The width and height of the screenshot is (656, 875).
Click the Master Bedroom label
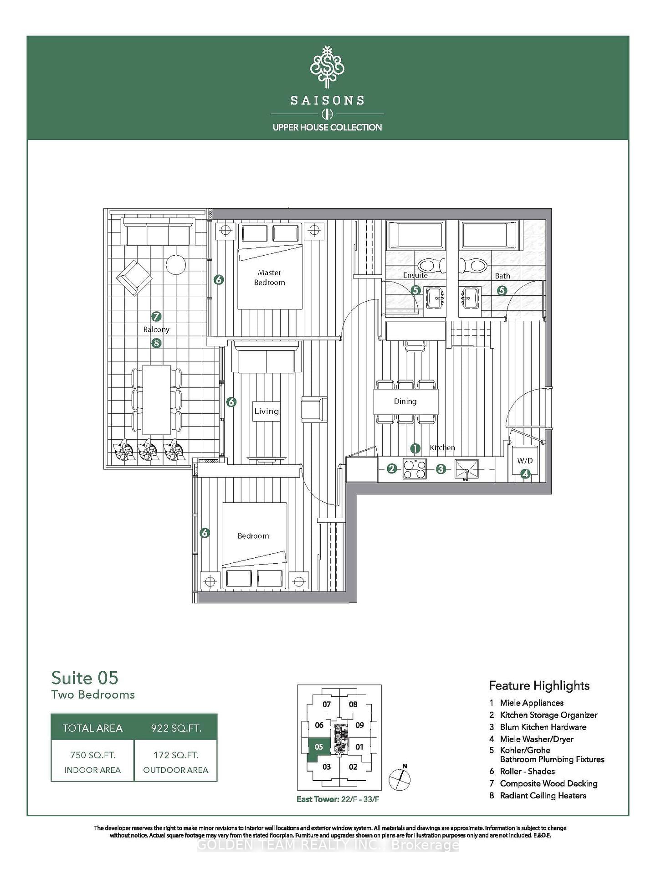coord(269,278)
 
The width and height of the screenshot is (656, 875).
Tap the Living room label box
coord(266,411)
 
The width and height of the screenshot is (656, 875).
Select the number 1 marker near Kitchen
coord(415,448)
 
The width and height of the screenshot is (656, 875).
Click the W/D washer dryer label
coord(524,461)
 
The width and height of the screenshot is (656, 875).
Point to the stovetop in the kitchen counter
coord(415,469)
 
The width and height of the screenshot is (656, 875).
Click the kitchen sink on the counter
coord(466,469)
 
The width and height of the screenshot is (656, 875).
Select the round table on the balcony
coord(175,264)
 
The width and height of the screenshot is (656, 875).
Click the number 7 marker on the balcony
coord(156,316)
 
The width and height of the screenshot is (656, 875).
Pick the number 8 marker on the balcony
coord(156,343)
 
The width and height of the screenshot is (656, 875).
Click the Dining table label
coord(405,401)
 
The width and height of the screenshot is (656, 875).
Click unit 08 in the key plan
coord(353,704)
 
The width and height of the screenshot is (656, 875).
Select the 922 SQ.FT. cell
coord(176,728)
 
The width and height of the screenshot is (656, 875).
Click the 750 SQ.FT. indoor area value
coord(92,755)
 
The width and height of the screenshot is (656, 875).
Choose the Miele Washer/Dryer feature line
coord(537,739)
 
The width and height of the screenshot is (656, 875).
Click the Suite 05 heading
coord(85,678)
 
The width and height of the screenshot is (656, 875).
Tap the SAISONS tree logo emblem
coord(327,67)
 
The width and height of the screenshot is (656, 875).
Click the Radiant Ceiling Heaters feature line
coord(543,796)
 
